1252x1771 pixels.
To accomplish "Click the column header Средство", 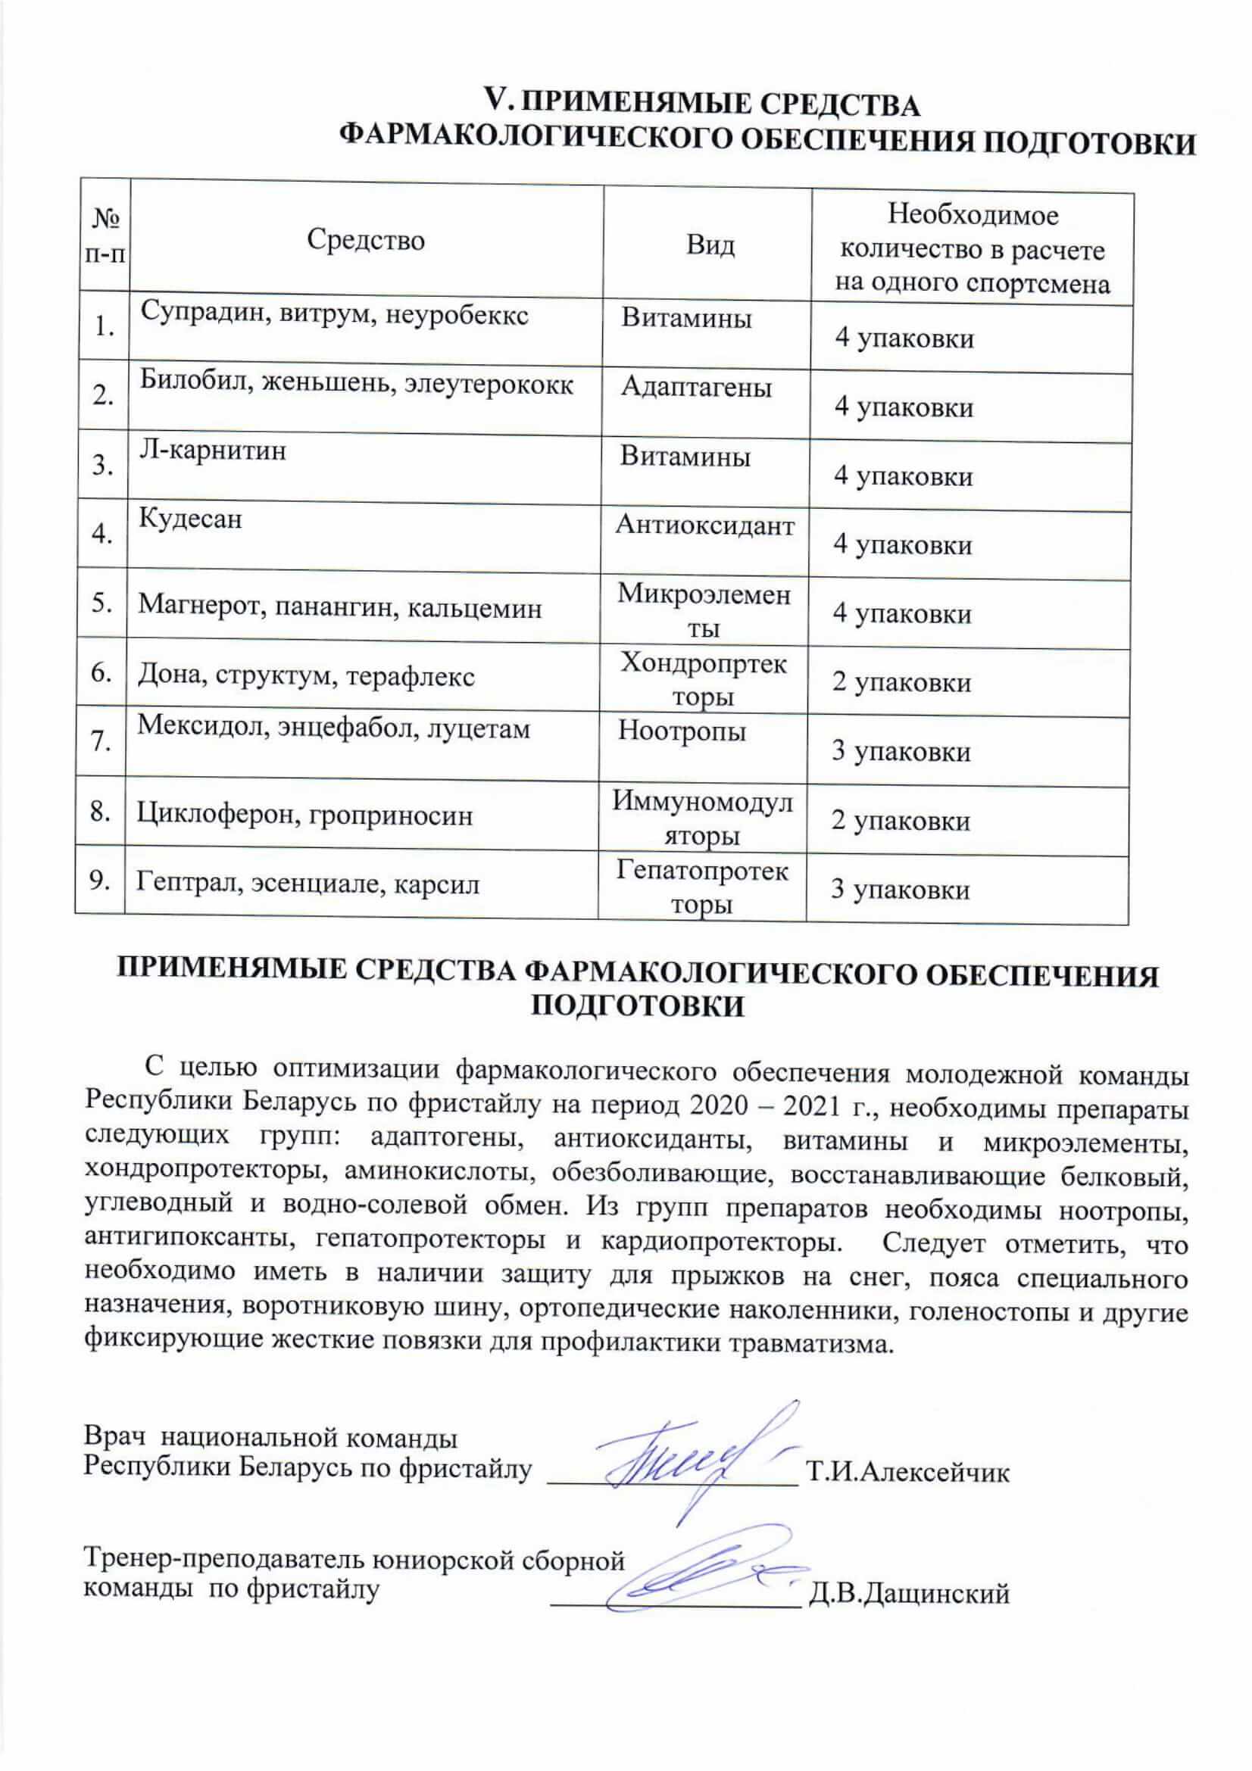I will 366,240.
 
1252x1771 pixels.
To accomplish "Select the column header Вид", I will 710,245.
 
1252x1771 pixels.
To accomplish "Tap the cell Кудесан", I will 190,519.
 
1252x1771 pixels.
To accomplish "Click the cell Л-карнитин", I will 212,450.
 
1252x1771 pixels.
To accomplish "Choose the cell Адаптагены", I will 696,387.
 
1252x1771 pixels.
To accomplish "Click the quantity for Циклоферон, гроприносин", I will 901,821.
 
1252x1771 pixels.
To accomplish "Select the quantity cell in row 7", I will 901,752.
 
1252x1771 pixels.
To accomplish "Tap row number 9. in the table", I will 100,880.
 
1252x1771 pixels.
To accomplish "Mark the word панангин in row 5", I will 335,609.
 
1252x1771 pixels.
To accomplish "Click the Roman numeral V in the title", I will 492,100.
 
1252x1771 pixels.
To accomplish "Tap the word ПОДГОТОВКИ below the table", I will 638,1006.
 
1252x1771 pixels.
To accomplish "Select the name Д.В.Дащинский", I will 908,1594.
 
